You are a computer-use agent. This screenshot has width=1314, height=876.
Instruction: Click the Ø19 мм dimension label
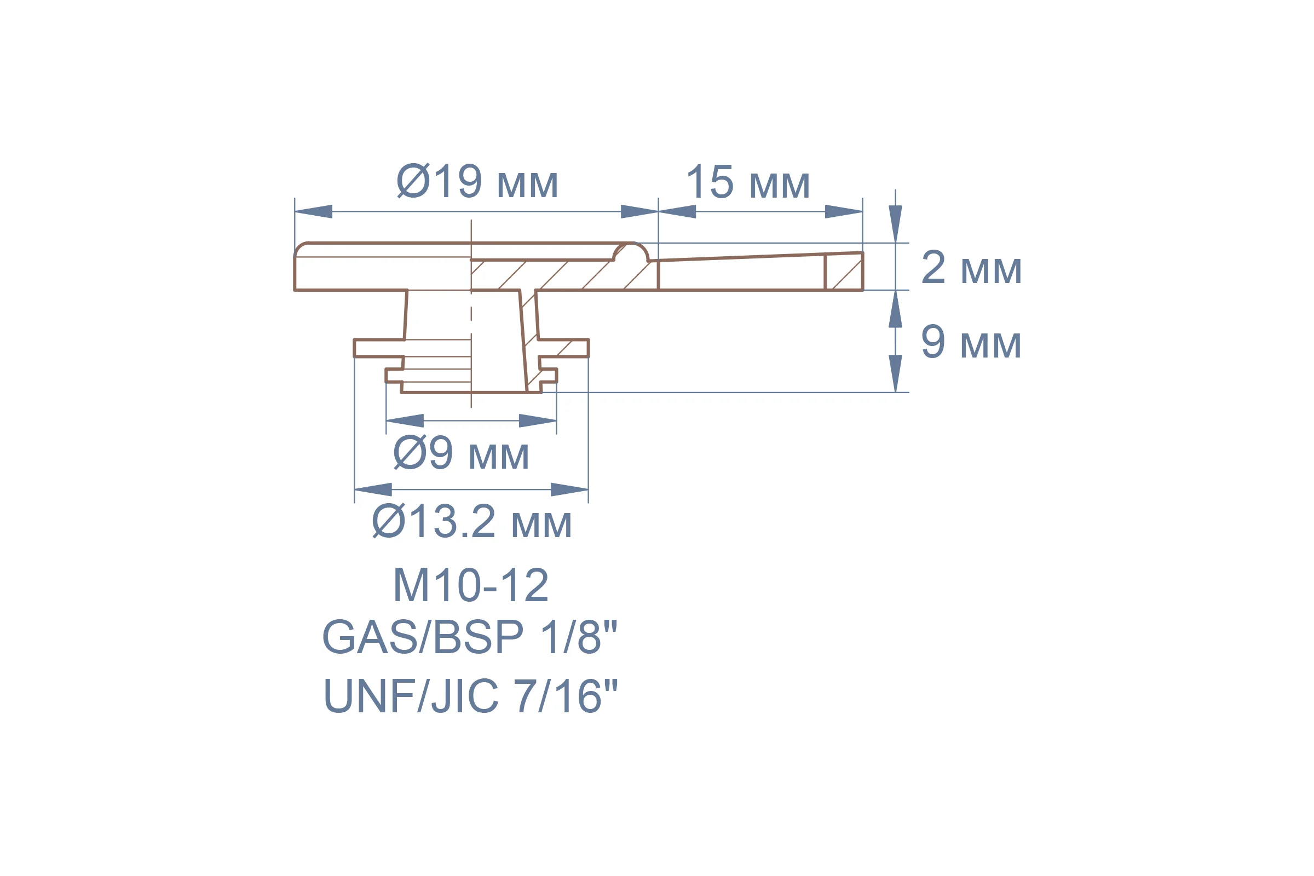(x=477, y=181)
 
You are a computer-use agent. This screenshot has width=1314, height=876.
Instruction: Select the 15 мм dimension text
(x=748, y=182)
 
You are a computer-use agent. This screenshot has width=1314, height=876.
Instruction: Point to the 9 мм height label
(x=971, y=341)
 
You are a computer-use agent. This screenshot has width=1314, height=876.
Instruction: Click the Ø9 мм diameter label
(x=461, y=452)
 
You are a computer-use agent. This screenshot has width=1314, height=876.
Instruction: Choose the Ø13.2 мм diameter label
(x=472, y=521)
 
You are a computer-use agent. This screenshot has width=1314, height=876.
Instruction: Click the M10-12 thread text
(x=471, y=585)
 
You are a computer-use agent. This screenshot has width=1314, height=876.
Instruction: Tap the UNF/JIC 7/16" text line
(x=470, y=695)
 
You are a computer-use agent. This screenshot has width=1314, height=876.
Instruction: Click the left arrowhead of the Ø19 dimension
(x=313, y=212)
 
